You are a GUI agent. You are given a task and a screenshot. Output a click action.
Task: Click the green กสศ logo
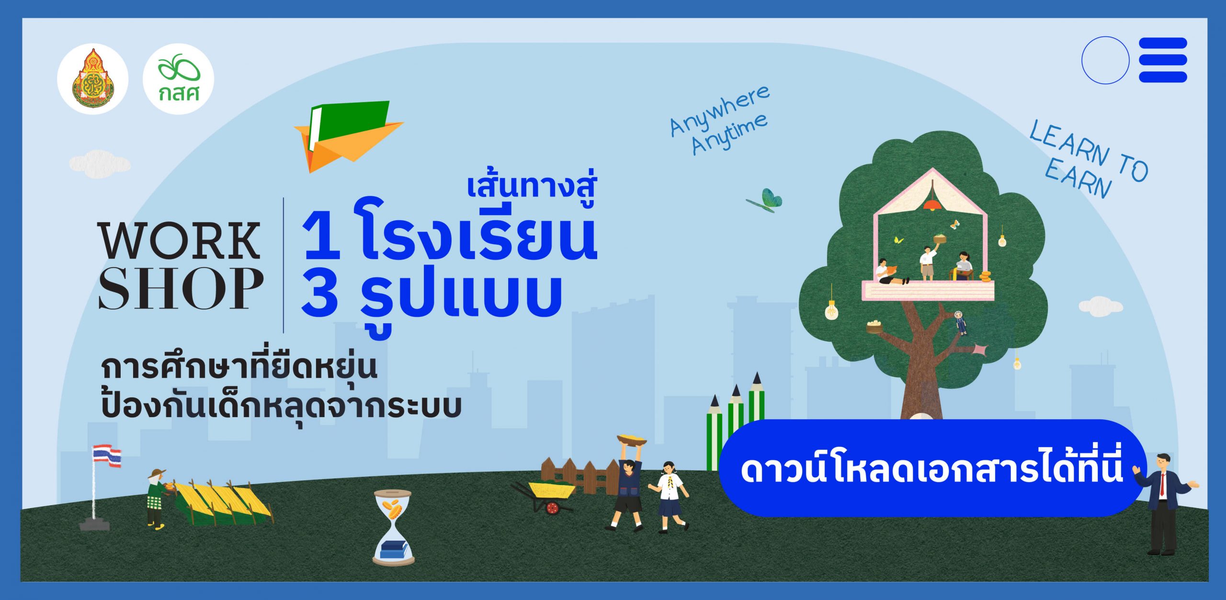coord(178,79)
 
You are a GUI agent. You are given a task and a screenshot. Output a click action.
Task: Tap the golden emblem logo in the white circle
coord(93,79)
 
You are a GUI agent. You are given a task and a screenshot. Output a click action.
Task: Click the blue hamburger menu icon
coord(1163,60)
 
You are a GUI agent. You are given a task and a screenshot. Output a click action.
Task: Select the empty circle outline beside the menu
coord(1105,60)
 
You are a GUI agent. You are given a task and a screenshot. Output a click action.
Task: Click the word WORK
coord(180,241)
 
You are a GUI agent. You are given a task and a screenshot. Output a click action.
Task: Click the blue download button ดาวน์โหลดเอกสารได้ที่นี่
coord(931,468)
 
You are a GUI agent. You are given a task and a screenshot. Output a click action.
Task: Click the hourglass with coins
coord(393,527)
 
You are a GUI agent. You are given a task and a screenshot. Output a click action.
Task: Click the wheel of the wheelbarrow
coord(552,508)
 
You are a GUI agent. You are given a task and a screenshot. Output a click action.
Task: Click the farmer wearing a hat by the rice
coord(156,498)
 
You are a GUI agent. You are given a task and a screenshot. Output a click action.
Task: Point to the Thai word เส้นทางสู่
coord(532,186)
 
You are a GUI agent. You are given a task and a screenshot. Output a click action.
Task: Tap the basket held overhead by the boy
coord(631,440)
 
